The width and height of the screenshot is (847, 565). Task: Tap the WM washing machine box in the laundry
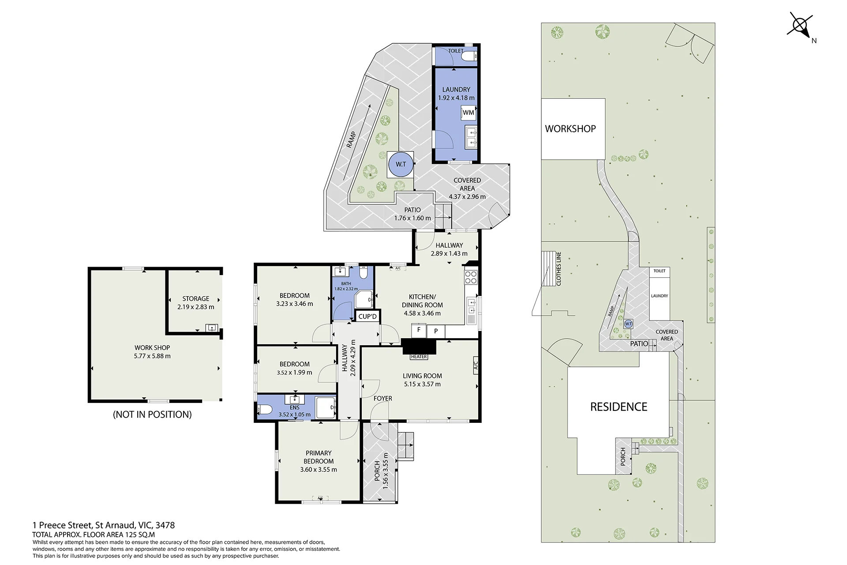pos(468,113)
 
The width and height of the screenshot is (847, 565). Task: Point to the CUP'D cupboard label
pos(367,316)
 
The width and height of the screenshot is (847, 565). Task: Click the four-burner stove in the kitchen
pos(471,277)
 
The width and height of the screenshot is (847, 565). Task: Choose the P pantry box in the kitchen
pos(436,331)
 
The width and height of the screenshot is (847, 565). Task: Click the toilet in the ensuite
pos(265,410)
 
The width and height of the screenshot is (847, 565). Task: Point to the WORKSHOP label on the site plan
pos(570,129)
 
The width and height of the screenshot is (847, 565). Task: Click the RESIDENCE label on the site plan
pos(618,407)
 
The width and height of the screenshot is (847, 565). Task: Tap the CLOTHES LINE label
pos(559,269)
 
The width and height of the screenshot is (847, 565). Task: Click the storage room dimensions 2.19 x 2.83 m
pos(196,307)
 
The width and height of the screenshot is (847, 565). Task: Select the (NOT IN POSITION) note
pos(152,414)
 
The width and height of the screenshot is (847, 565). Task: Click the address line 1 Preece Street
pos(104,525)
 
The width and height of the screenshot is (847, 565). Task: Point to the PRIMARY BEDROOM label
pos(319,457)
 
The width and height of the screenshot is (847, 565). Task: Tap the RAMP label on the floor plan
pos(351,139)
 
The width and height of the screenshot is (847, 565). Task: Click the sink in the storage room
pos(212,328)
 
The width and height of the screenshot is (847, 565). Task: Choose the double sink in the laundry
pos(471,137)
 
